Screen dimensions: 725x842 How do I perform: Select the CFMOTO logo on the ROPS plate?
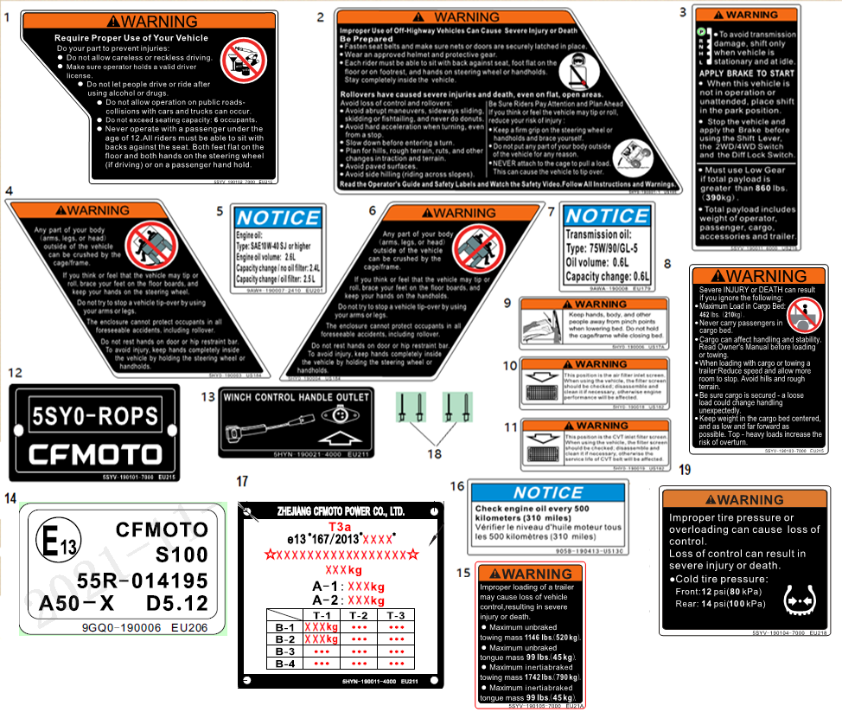click(94, 455)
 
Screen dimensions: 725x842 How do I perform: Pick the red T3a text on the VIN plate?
click(341, 524)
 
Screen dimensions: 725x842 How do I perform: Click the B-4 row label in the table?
click(285, 663)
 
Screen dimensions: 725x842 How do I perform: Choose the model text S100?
click(176, 555)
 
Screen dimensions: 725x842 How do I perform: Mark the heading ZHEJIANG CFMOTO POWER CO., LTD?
click(341, 511)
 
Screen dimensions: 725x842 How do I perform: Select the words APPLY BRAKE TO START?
click(745, 74)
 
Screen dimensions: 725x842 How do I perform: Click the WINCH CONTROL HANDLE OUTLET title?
click(297, 397)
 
